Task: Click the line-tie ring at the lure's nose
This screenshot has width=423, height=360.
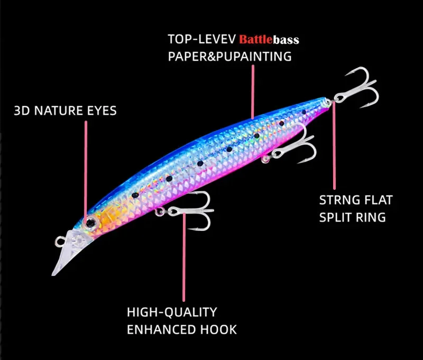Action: (60, 242)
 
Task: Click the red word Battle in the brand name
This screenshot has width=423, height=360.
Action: (256, 40)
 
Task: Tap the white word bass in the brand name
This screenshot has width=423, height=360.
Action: (286, 40)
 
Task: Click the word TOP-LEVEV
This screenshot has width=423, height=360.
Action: (202, 39)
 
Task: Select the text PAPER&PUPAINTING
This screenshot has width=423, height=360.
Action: (230, 57)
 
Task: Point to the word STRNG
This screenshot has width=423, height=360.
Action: (339, 200)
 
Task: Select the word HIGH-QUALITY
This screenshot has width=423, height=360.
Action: (172, 312)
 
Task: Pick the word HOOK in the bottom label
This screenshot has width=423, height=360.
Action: (218, 330)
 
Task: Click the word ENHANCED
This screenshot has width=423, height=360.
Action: (162, 330)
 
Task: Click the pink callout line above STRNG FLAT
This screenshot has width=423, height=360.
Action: (334, 145)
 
